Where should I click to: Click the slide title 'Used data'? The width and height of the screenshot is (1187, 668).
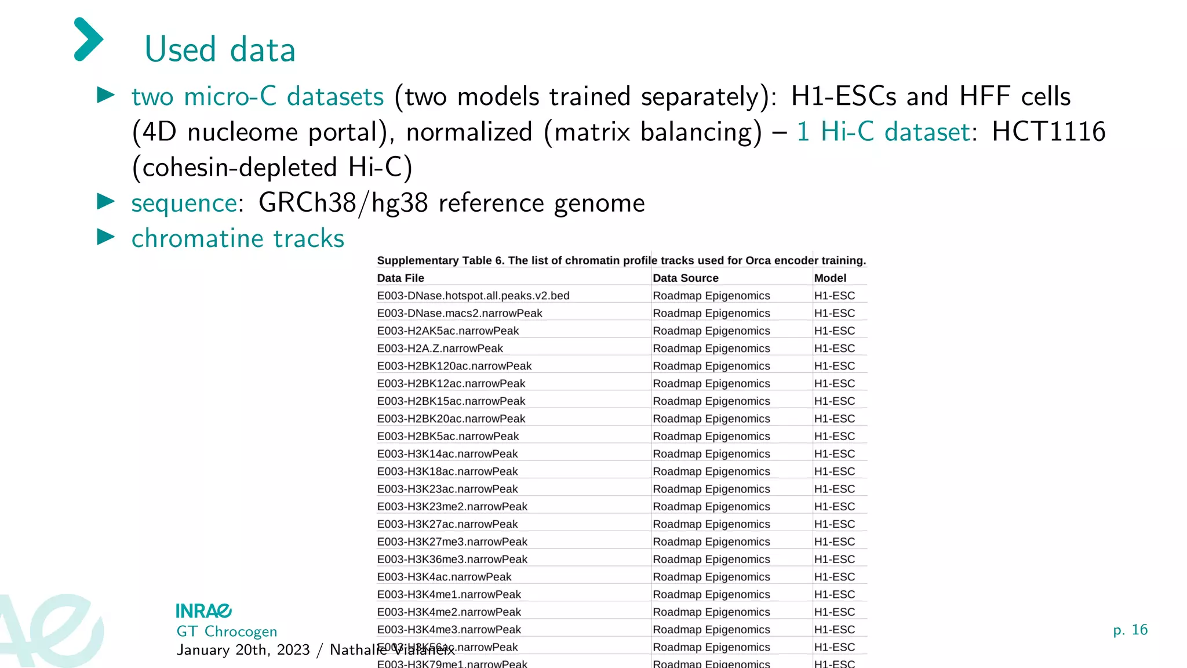[x=220, y=49]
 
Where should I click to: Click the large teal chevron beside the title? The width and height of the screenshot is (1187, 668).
[x=89, y=39]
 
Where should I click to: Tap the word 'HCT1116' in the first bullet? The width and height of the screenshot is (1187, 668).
[x=1048, y=132]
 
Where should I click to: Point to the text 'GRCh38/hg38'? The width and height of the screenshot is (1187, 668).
[x=343, y=203]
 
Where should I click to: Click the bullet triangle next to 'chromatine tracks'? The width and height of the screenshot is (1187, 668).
[x=106, y=237]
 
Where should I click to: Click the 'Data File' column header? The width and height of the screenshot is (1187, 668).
[x=400, y=278]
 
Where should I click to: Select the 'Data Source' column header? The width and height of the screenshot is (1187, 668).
[x=685, y=278]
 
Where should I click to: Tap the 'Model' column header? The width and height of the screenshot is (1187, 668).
[x=830, y=278]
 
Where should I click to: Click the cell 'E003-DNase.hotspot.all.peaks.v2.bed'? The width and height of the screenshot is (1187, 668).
[x=473, y=296]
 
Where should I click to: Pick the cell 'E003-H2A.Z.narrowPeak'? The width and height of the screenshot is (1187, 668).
[x=440, y=348]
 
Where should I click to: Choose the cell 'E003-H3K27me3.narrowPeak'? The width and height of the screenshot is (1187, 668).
[x=452, y=542]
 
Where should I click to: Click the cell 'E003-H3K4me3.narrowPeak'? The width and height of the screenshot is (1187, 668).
[x=449, y=630]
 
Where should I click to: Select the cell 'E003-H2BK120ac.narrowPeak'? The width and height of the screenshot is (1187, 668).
[x=454, y=366]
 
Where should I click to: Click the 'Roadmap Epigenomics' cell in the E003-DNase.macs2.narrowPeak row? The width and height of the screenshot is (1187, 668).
[x=711, y=313]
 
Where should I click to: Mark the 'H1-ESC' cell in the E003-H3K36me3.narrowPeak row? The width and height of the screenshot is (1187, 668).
[x=834, y=560]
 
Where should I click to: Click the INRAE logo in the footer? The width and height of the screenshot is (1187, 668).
[x=203, y=611]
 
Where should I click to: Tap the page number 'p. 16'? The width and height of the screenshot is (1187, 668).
[x=1130, y=630]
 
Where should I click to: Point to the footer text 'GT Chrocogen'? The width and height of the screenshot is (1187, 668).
[x=227, y=631]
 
